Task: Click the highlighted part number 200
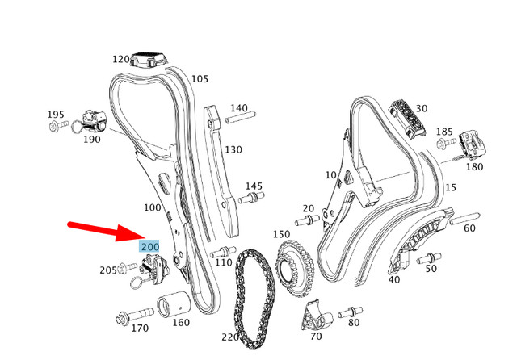(150, 246)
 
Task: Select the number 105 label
(200, 79)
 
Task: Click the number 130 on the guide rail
(233, 149)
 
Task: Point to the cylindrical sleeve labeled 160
(174, 308)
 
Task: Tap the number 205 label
(108, 270)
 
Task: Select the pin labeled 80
(351, 311)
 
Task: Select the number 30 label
(422, 109)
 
